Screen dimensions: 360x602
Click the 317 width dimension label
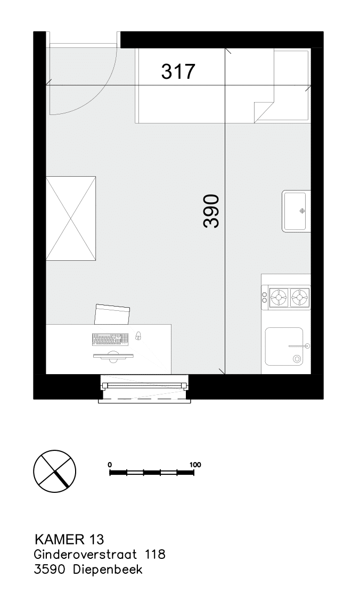[x=178, y=71]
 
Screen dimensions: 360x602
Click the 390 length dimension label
[x=211, y=211]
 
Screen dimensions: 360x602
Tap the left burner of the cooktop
[x=278, y=296]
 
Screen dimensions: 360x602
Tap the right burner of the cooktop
[x=300, y=296]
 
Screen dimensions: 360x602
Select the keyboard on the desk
[x=110, y=339]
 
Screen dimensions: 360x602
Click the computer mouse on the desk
[x=138, y=335]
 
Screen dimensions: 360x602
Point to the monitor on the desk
[x=113, y=356]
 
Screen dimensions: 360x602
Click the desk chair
[x=112, y=314]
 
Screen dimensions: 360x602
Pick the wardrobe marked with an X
[x=71, y=218]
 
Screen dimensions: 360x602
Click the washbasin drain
[x=302, y=210]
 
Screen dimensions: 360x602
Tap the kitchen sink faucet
[x=299, y=346]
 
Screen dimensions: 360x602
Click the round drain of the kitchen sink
[x=297, y=359]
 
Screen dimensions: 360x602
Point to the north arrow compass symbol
[x=54, y=469]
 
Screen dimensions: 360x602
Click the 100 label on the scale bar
[x=195, y=465]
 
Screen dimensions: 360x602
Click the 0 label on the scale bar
[x=110, y=465]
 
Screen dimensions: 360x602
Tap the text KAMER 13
[x=69, y=539]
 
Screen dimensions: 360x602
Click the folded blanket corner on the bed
[x=263, y=111]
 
